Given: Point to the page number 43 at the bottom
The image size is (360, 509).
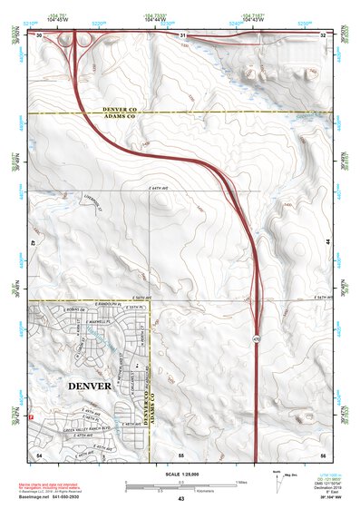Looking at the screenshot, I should point(181,499).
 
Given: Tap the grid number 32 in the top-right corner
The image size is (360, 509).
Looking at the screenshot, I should point(323,34).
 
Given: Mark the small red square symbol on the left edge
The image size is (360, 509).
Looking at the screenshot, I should point(33,416).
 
